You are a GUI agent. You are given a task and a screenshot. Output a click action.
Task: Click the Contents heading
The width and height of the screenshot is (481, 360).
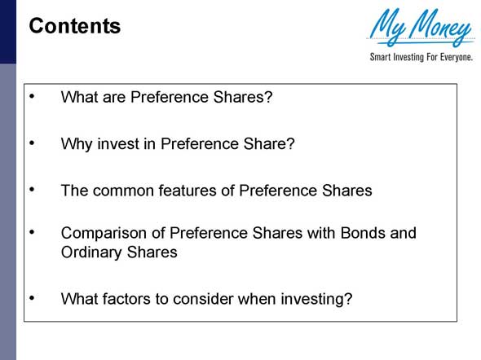(x=75, y=26)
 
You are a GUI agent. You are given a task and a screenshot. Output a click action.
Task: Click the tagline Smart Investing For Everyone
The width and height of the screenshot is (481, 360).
(x=421, y=58)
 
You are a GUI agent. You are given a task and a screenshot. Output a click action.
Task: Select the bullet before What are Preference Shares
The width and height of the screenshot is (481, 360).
(x=33, y=96)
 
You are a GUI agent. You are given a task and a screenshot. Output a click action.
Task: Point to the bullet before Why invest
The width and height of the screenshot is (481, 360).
(x=33, y=143)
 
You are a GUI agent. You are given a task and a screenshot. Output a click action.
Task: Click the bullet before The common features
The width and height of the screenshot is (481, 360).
(x=33, y=189)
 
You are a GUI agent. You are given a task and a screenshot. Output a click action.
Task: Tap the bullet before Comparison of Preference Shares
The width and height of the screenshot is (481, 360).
(x=33, y=232)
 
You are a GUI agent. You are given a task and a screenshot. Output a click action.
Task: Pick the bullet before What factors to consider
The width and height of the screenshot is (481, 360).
(x=33, y=297)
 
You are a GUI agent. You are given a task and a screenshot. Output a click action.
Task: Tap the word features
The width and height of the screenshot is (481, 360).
(x=188, y=191)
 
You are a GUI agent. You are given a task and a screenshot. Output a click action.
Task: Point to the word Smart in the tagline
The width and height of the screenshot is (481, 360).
(x=379, y=58)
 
